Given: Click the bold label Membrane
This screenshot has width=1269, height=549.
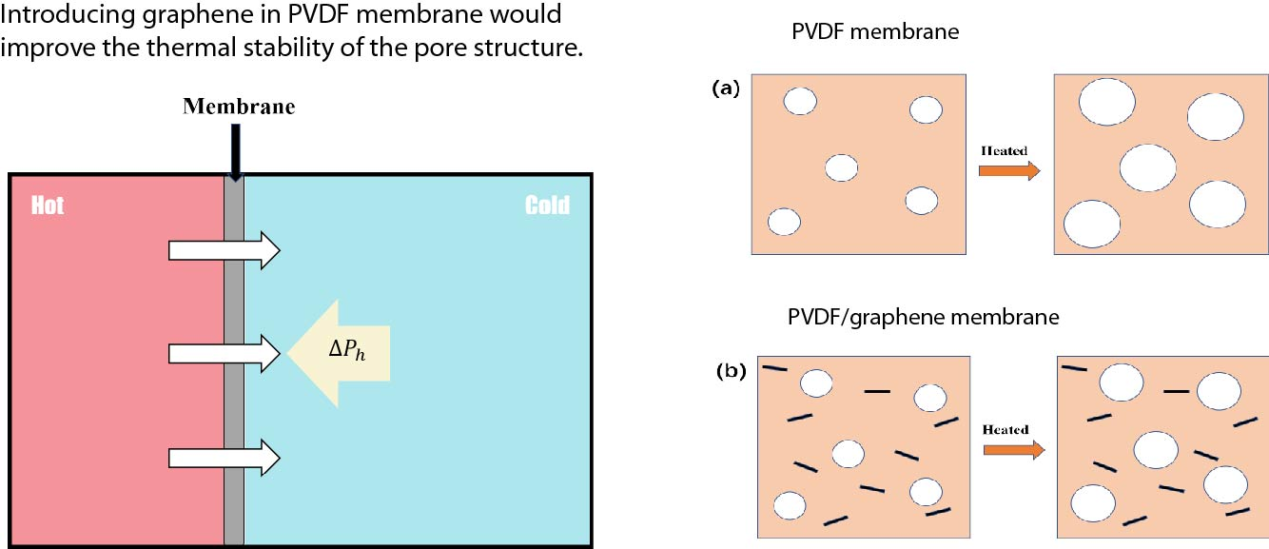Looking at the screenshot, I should click(239, 107).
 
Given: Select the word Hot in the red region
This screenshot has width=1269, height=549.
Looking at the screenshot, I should click(48, 206).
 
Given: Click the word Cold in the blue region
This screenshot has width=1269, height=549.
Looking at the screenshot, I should click(547, 206).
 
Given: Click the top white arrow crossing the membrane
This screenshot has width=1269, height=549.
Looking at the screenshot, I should click(224, 250).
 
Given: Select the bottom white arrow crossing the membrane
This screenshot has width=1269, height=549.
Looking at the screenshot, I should click(224, 458).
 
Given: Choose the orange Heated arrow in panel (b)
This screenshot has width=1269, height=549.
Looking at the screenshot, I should click(1013, 449).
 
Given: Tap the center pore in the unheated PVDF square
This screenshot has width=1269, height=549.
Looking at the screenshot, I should click(842, 167).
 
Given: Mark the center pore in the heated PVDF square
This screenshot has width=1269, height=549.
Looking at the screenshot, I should click(1148, 167).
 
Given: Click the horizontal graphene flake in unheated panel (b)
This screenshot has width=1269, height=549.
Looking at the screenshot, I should click(877, 390).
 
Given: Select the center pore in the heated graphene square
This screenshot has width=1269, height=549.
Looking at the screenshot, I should click(1156, 449).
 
